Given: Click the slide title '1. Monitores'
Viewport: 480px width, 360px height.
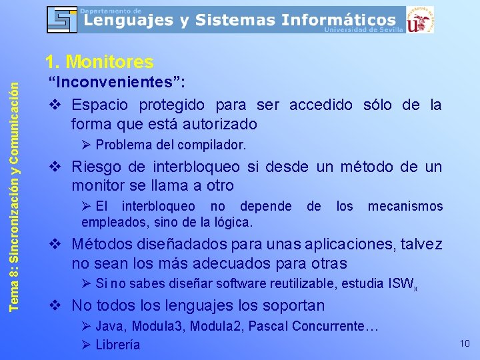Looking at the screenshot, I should point(99,62).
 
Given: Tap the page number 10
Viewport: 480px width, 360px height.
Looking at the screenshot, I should point(465,343).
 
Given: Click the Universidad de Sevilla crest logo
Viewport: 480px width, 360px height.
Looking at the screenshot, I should point(421,19).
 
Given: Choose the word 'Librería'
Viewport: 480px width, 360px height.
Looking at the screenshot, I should point(118,345).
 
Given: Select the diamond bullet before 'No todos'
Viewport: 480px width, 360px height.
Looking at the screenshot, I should point(57,306).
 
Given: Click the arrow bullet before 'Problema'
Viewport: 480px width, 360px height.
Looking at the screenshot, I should point(86,145).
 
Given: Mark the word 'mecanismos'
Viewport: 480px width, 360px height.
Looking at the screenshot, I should point(405,206).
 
